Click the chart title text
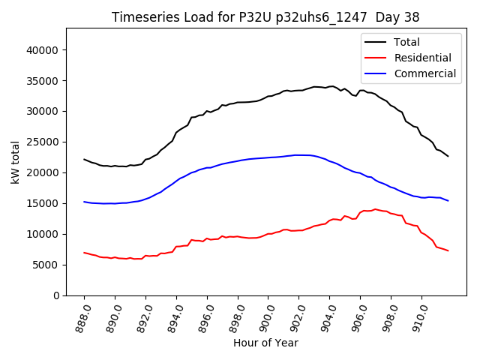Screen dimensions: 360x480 coord(265,17)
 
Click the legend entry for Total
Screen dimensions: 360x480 coord(406,43)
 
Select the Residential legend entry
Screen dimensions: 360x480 coord(422,58)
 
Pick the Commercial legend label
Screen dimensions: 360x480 coord(424,73)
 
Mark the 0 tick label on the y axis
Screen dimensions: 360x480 coord(56,295)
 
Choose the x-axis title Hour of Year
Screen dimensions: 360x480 coord(265,343)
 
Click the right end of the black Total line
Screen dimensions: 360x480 coord(448,156)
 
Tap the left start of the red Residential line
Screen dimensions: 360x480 coord(84,253)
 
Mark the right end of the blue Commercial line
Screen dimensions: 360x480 coord(448,201)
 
